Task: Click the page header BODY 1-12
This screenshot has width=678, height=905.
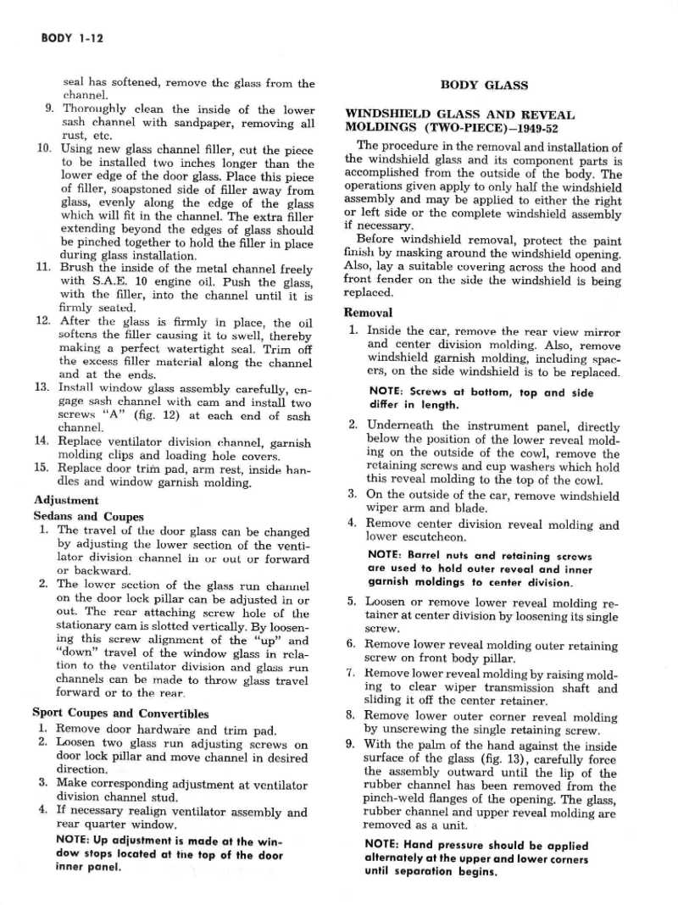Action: coord(72,38)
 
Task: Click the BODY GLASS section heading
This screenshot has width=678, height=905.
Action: coord(484,85)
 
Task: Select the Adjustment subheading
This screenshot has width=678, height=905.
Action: coord(65,500)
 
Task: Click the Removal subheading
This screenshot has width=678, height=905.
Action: coord(369,312)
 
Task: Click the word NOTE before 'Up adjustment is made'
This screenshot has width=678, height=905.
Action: coord(72,842)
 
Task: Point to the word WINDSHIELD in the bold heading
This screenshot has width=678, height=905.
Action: coord(386,114)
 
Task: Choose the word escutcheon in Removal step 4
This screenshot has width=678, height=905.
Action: coord(428,537)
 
